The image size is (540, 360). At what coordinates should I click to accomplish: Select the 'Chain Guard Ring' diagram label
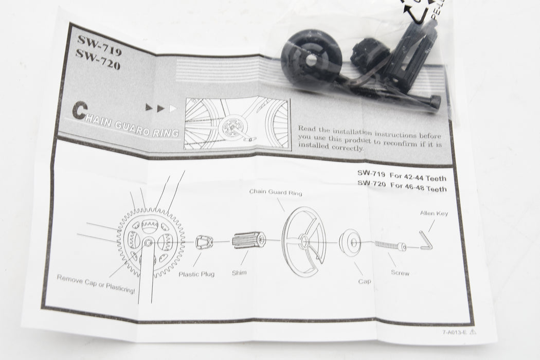point(276,192)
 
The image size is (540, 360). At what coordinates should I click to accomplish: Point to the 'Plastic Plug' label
point(196,274)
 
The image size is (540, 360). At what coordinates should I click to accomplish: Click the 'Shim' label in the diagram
point(239,272)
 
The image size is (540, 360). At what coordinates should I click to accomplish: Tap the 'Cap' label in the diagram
point(365,281)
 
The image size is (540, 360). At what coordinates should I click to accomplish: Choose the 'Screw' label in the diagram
point(400,273)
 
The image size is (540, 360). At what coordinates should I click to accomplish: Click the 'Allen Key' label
point(434,213)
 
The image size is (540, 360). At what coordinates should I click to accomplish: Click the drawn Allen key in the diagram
point(426,241)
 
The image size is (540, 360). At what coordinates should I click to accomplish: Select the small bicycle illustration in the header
point(237,123)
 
